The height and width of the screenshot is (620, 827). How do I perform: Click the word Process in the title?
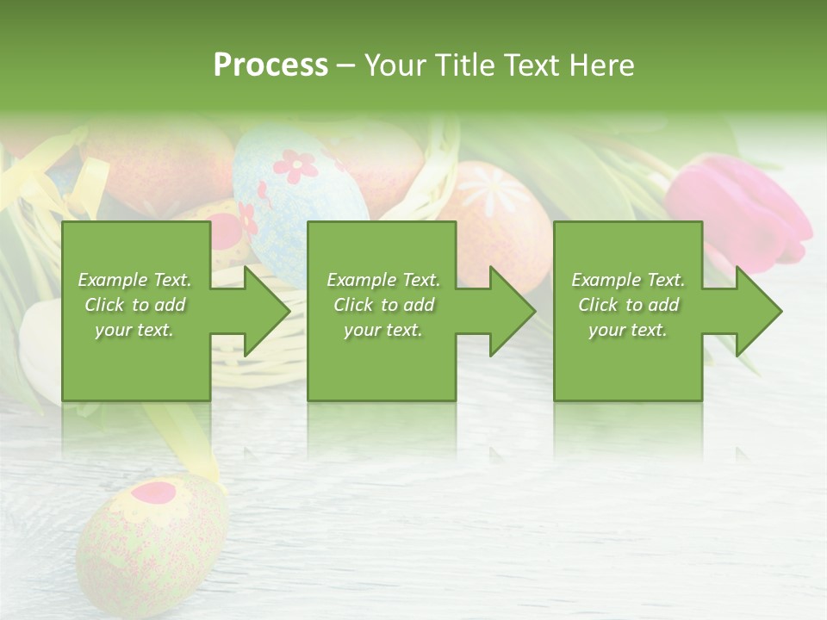[270, 65]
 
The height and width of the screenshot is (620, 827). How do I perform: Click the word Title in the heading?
[463, 65]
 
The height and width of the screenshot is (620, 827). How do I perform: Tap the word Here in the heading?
[601, 65]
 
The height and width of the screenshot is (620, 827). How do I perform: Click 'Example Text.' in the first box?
[135, 280]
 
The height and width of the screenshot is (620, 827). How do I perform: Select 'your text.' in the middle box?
[382, 330]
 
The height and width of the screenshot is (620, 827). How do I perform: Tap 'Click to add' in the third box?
[629, 305]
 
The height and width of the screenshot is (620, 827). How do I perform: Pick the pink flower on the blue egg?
[295, 165]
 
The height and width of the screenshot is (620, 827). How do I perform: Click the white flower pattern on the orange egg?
[494, 191]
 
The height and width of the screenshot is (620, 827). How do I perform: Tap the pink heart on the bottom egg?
[154, 493]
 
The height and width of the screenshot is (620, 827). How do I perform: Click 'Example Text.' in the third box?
[628, 280]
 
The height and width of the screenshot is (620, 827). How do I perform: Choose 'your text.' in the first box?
[134, 330]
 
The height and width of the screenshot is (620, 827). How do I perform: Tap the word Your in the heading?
[396, 65]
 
